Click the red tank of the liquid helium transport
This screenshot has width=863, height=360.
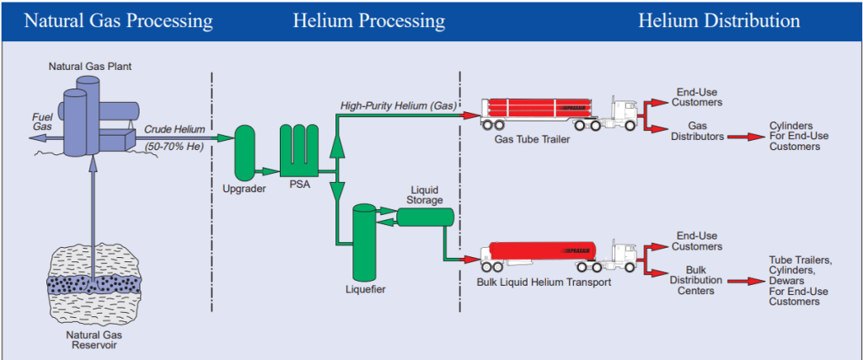point(539,251)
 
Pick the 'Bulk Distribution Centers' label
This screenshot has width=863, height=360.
point(696,280)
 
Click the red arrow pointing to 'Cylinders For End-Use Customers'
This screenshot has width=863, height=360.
point(747,136)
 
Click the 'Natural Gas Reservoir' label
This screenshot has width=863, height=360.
point(89,340)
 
